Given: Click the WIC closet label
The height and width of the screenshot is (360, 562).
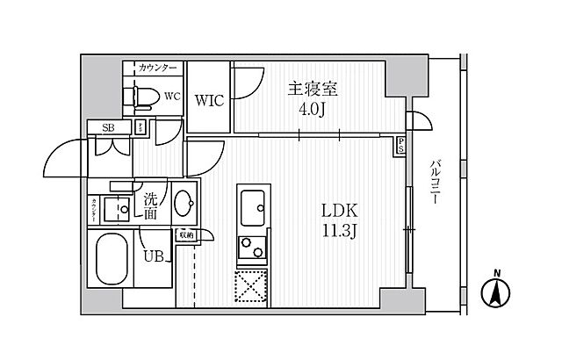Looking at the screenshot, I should point(210,101).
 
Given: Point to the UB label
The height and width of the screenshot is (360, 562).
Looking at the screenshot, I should point(153,257).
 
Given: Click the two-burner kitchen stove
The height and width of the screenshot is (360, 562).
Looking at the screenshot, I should point(251,248).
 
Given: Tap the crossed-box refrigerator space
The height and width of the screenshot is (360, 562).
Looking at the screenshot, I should point(251,284).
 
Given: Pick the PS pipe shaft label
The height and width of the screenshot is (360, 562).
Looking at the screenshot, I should point(400,145).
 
